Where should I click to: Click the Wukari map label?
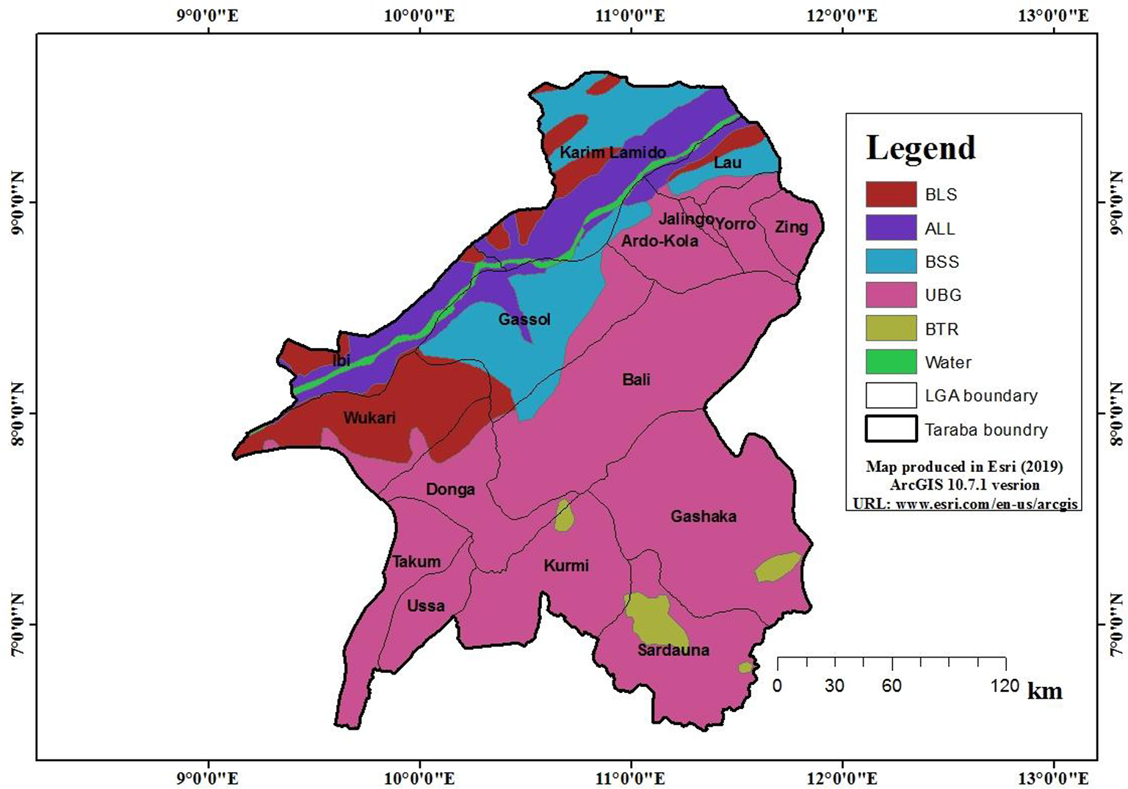[x=369, y=418]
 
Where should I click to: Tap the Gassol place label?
[x=524, y=319]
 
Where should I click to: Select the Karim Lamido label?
[x=612, y=153]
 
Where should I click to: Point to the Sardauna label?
[x=673, y=650]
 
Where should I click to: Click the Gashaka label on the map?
[x=703, y=517]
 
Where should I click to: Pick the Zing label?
[x=791, y=227]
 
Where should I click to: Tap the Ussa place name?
[x=426, y=606]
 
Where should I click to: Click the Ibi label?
[x=341, y=360]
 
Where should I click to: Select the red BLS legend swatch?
[x=891, y=194]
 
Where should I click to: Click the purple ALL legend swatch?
[x=891, y=228]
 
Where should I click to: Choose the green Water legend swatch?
[x=891, y=362]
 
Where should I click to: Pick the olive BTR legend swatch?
[x=891, y=329]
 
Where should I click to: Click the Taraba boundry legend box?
[x=891, y=429]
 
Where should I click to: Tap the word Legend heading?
[x=920, y=148]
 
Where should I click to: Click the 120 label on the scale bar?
[x=1004, y=686]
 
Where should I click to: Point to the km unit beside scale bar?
[x=1044, y=691]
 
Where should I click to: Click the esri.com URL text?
[x=965, y=503]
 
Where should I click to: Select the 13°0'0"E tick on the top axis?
[x=1054, y=15]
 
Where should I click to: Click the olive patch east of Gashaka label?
[x=778, y=567]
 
